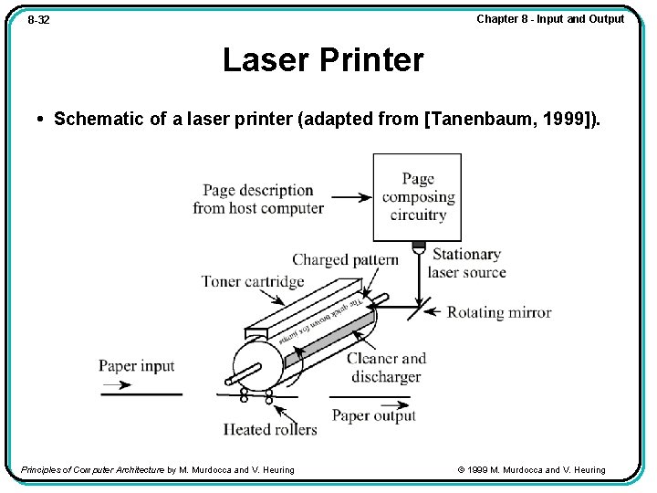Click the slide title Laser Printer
point(323,60)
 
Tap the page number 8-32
point(38,19)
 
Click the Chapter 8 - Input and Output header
point(550,19)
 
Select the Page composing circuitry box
point(417,196)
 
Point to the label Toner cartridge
point(253,281)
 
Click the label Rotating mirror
point(499,312)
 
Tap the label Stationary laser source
point(466,263)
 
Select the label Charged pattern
point(345,260)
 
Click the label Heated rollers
point(270,429)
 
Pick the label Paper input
point(136,366)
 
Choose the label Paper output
point(373,415)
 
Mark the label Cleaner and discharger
point(386,367)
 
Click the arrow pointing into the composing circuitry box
point(351,197)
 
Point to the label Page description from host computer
point(258,199)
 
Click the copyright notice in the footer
point(531,470)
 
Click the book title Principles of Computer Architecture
point(92,470)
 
